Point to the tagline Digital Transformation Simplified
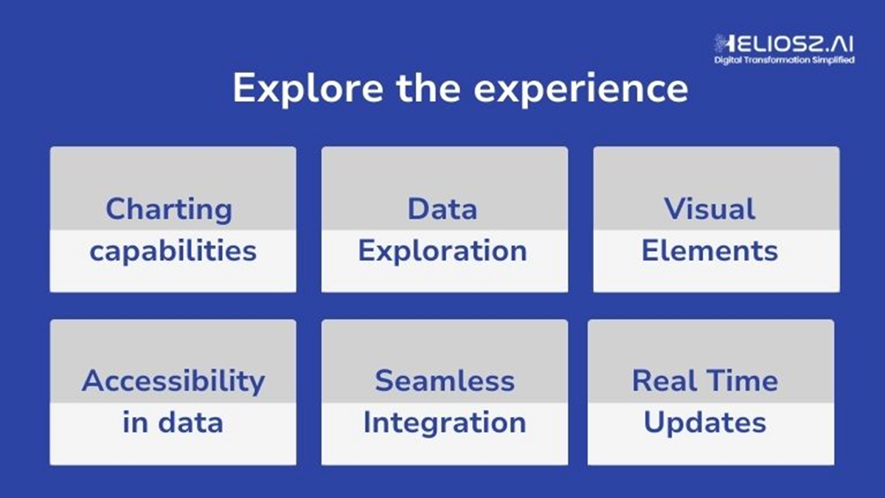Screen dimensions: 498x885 pos(784,60)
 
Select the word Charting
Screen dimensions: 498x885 pos(169,210)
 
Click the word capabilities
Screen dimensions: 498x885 pos(173,251)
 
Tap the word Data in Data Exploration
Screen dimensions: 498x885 pos(442,209)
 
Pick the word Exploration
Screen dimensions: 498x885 pos(442,251)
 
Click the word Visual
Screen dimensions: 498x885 pos(709,209)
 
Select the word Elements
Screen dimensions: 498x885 pos(709,251)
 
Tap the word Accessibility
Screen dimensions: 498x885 pos(173,381)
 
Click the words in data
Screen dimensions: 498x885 pos(173,423)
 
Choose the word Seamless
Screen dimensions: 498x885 pos(444,381)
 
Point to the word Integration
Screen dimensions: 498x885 pos(444,423)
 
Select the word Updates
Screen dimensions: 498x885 pos(704,423)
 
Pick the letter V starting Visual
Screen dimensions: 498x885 pos(674,209)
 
